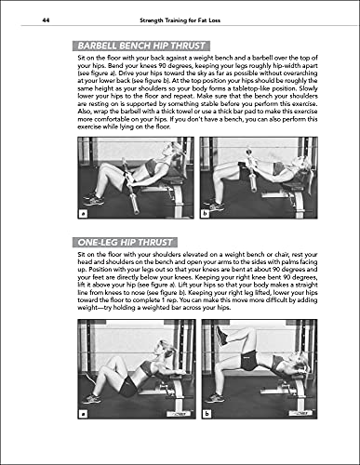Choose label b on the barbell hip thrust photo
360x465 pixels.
click(207, 212)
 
